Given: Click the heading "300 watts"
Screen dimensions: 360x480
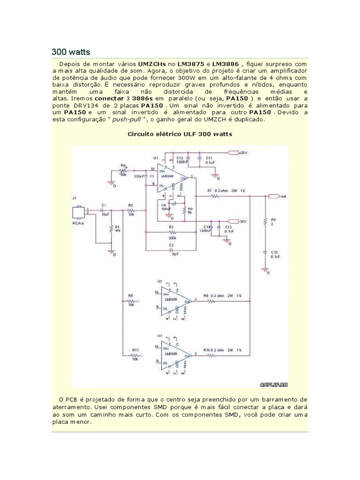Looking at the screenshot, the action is (70, 51).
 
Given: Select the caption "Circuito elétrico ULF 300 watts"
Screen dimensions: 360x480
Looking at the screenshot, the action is (180, 134).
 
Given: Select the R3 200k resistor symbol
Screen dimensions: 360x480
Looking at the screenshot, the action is (172, 232).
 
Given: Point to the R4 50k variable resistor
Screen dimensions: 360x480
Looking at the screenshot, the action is (124, 169).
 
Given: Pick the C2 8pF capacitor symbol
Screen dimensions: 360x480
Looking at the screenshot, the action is (172, 249).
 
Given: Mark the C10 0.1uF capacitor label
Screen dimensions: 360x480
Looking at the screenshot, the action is (274, 255).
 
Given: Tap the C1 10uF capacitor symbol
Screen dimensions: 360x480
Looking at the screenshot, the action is (104, 212).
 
